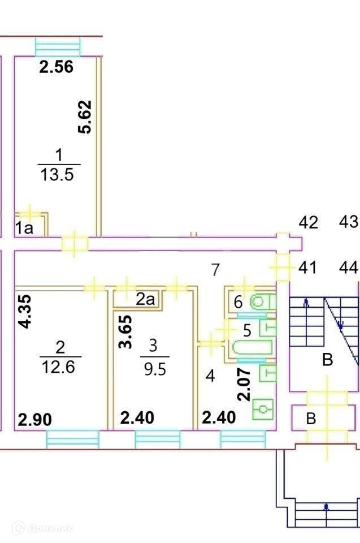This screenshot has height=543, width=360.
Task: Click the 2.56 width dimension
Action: tap(56, 68)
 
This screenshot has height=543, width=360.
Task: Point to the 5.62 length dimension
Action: tap(85, 117)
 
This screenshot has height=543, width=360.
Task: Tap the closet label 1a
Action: tap(24, 229)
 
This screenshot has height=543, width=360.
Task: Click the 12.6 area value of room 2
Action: tap(60, 367)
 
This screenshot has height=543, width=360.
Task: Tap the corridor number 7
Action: tap(215, 270)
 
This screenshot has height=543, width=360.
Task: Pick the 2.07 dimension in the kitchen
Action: tap(244, 383)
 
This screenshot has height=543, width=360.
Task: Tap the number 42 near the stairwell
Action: tap(308, 222)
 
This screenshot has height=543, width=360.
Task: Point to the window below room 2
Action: tap(72, 439)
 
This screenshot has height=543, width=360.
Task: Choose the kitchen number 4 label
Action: tap(210, 376)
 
